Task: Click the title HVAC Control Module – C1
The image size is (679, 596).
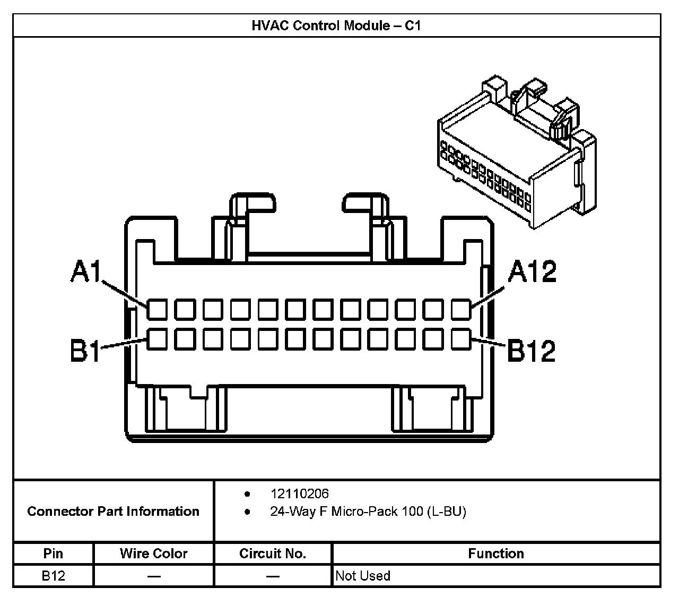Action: [336, 25]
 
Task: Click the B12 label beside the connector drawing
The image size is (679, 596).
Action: [532, 350]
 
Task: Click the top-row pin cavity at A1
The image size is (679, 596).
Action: [157, 309]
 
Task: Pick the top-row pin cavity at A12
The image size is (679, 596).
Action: [461, 309]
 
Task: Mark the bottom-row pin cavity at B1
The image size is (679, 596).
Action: [157, 339]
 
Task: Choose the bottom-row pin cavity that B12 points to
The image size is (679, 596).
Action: [461, 339]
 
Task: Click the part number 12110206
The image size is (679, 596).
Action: [299, 494]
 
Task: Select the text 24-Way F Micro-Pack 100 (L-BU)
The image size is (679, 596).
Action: [368, 512]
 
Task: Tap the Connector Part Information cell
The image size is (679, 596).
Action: [113, 511]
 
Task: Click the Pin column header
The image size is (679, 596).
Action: [53, 554]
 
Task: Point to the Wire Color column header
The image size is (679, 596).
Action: [153, 554]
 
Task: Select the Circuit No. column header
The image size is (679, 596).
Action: [273, 554]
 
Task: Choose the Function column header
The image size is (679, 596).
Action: [495, 554]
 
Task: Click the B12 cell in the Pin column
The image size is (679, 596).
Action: [53, 576]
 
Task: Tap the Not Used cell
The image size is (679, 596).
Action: [363, 576]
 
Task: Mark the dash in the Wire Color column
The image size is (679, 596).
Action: [154, 576]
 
